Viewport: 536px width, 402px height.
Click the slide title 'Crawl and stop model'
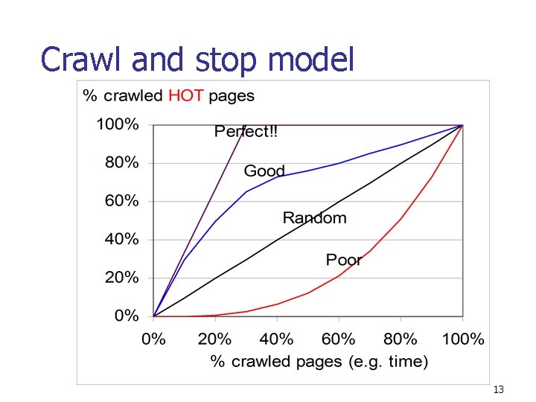pyautogui.click(x=198, y=59)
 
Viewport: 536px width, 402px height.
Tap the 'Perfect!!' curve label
pyautogui.click(x=246, y=132)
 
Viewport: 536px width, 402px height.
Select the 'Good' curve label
pyautogui.click(x=264, y=171)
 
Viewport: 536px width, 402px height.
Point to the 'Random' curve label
pyautogui.click(x=314, y=218)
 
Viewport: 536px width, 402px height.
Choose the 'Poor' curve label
pyautogui.click(x=344, y=260)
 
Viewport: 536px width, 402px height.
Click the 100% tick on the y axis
pyautogui.click(x=117, y=124)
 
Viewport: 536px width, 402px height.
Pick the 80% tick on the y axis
pyautogui.click(x=121, y=163)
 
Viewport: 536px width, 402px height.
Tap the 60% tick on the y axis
pyautogui.click(x=121, y=201)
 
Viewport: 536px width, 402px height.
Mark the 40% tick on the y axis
pyautogui.click(x=121, y=240)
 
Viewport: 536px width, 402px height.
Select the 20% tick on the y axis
pyautogui.click(x=121, y=278)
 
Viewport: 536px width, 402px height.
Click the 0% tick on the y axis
pyautogui.click(x=126, y=316)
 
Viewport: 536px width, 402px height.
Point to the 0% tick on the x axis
pyautogui.click(x=153, y=339)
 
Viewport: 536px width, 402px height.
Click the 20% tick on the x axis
pyautogui.click(x=214, y=339)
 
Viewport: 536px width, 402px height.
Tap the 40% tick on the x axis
pyautogui.click(x=277, y=339)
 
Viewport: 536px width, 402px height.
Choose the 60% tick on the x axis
pyautogui.click(x=339, y=339)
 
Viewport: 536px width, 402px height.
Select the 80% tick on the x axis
pyautogui.click(x=401, y=339)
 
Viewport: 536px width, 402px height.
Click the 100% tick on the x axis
pyautogui.click(x=462, y=339)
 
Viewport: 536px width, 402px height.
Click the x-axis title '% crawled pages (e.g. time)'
pyautogui.click(x=319, y=362)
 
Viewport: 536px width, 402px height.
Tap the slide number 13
pyautogui.click(x=499, y=390)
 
